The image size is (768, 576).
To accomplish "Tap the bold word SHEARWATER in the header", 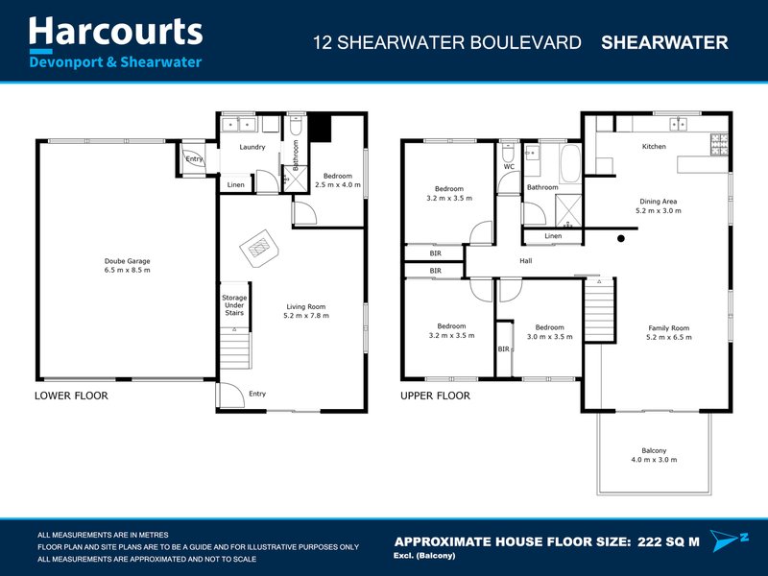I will (663, 42).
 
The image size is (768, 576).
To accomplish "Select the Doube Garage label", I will (127, 260).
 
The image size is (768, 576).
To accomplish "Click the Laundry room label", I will (252, 147).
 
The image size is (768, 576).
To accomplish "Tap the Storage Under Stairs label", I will (234, 305).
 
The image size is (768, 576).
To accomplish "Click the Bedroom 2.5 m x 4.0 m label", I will (338, 180).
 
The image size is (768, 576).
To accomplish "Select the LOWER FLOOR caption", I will (71, 396).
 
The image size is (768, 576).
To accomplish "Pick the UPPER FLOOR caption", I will (435, 396).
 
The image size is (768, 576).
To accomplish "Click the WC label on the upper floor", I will (509, 167).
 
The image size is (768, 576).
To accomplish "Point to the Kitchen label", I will (654, 147).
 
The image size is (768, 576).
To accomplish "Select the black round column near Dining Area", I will (621, 238).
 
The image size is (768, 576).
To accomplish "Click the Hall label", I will (525, 260).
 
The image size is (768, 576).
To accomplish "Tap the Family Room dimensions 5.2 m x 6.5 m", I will (668, 338).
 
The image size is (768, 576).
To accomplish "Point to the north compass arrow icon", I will (726, 540).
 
